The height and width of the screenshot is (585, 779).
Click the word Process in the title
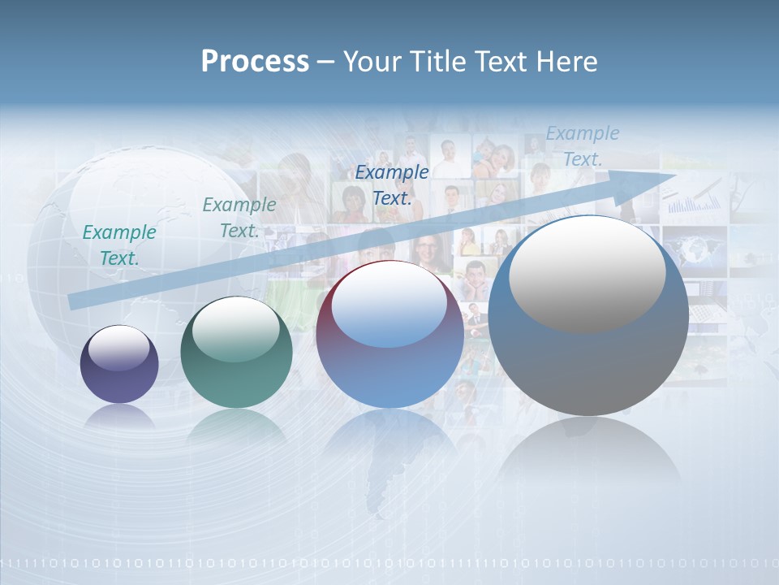[x=255, y=62]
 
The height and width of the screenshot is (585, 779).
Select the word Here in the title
[x=565, y=62]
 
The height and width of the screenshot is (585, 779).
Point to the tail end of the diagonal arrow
[x=73, y=301]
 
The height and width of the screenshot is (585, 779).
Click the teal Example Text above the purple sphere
[x=119, y=245]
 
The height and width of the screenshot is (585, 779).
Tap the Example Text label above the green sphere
[x=239, y=217]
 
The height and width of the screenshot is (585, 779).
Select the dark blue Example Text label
[x=392, y=184]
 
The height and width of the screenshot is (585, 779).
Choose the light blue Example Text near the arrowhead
[x=582, y=146]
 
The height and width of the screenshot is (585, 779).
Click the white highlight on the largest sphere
[x=587, y=273]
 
